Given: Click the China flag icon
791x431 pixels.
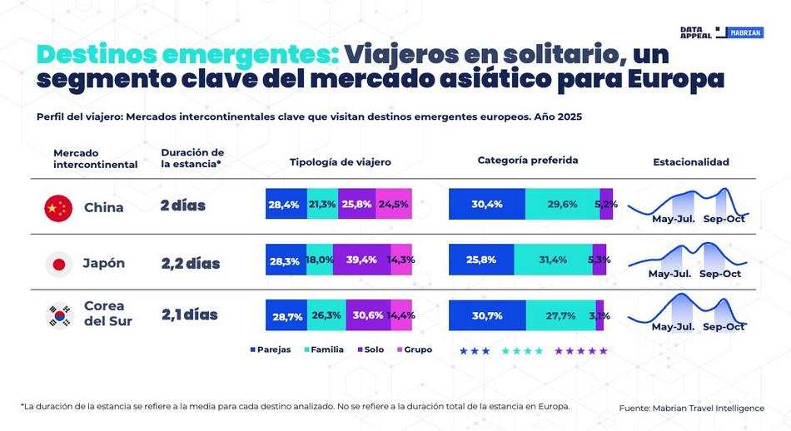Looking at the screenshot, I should [58, 207].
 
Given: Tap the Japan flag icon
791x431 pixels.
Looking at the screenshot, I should [58, 264].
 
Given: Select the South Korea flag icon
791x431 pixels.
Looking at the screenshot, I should [58, 315].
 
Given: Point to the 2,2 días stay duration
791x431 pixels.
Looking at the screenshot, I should [191, 264].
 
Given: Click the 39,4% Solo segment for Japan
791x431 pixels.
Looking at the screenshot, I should [361, 260].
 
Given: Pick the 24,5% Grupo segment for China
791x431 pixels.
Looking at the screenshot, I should [394, 204].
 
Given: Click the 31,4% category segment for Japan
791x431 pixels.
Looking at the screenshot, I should [553, 260].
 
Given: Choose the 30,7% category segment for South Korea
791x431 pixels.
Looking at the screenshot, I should [486, 315].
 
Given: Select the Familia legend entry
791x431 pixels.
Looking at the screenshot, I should [322, 349].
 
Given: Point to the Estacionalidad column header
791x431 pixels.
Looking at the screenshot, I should [690, 161].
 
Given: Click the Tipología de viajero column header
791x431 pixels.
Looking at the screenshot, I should [340, 161].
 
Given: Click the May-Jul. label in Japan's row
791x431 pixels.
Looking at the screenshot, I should [669, 274].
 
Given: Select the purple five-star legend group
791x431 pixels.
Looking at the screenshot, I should [581, 351].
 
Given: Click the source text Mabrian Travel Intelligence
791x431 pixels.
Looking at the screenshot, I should [691, 408].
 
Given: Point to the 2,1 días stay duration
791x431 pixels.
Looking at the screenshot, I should [189, 315].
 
